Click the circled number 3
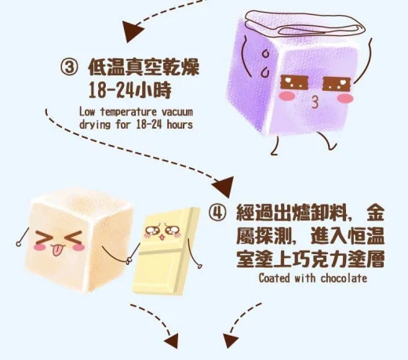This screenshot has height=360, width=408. (69, 67)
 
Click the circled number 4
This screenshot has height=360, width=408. (217, 212)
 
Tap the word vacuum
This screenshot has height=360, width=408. (177, 112)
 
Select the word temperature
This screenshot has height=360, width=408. (129, 112)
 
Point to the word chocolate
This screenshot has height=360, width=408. (344, 278)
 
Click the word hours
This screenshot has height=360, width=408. (180, 125)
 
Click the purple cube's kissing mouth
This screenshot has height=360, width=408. (315, 102)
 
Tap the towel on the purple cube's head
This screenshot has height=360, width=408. (304, 23)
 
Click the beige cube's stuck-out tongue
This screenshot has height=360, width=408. (56, 250)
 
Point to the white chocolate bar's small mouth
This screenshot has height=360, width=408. (162, 238)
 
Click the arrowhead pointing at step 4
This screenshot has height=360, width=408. (223, 186)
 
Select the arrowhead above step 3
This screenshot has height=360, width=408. (133, 31)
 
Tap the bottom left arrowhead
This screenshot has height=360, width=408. (172, 340)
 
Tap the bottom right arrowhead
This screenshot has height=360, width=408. (231, 340)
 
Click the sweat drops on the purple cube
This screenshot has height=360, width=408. (265, 64)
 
